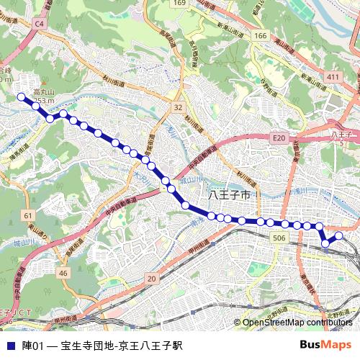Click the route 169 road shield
[x=179, y=4]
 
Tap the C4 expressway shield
[x=40, y=24]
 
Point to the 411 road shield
[x=332, y=76]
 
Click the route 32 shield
[x=177, y=107]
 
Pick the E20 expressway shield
[x=279, y=138]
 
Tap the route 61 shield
[x=27, y=215]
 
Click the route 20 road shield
[x=150, y=279]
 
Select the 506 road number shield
[x=280, y=238]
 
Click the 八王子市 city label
[x=228, y=195]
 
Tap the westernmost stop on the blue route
[x=22, y=96]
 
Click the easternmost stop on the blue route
[x=338, y=235]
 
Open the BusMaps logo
[x=325, y=345]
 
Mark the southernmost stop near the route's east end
[x=325, y=243]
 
